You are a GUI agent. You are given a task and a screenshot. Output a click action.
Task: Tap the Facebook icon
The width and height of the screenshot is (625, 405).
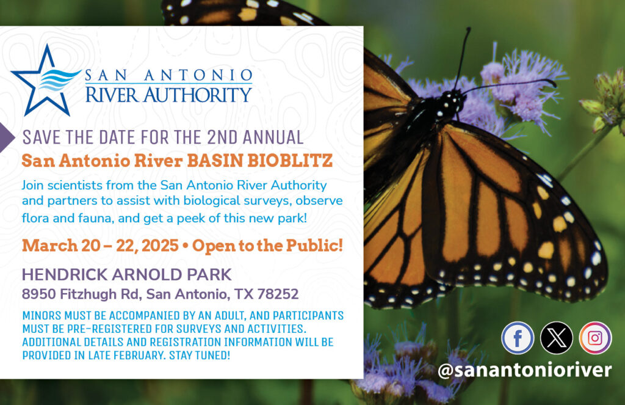point(518,338)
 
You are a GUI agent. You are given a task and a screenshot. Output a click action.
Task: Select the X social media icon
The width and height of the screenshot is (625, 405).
point(557,338)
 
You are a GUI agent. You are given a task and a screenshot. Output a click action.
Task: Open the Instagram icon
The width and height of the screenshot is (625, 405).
point(595,338)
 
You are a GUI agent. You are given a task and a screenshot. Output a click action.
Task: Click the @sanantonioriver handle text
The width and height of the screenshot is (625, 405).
point(524,370)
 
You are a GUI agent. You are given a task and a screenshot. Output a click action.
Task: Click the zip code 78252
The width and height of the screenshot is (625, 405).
point(278,294)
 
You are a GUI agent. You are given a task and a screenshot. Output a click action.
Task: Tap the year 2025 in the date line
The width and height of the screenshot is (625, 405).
point(160,246)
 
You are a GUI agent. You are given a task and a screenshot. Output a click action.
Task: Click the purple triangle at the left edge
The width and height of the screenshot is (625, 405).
point(7,137)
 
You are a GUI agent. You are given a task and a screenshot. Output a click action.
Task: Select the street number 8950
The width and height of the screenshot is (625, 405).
point(38,294)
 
